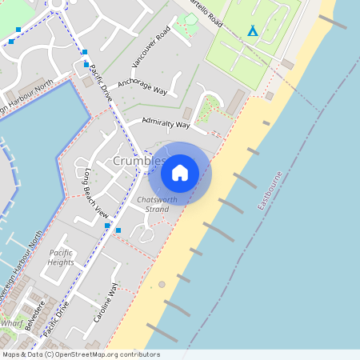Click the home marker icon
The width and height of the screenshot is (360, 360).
[x=180, y=172]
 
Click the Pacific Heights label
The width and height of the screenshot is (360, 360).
[x=61, y=258]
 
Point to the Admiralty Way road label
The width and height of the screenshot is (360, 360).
[x=165, y=123]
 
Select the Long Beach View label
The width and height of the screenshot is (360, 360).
[x=91, y=193]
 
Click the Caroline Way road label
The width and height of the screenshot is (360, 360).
[x=106, y=302]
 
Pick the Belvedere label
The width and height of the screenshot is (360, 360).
[x=33, y=315]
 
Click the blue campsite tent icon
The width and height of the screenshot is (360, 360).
[x=253, y=31]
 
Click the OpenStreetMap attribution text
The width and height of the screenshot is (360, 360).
[x=80, y=354]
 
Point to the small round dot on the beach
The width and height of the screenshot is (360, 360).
[x=162, y=284]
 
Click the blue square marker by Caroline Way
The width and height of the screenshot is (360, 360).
[x=118, y=230]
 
